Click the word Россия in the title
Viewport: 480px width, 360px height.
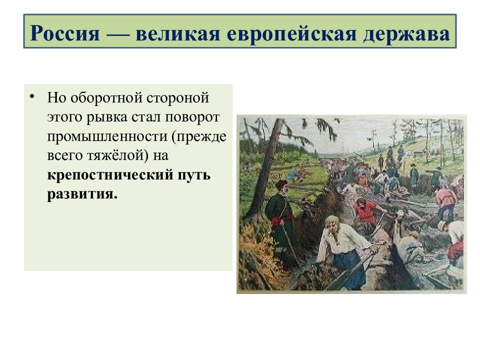pos(65,33)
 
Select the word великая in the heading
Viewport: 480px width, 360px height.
pos(177,33)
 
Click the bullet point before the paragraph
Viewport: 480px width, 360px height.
pos(32,96)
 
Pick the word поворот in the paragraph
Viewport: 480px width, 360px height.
pos(192,117)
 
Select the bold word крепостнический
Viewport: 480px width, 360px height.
pos(110,175)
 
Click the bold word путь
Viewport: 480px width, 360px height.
pos(194,175)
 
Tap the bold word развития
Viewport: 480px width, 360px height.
pos(82,194)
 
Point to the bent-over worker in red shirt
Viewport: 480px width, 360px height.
pos(366,211)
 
